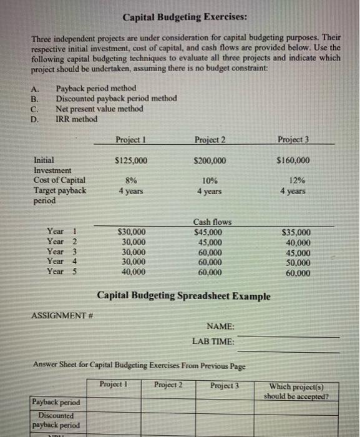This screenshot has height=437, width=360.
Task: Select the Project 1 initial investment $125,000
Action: [131, 160]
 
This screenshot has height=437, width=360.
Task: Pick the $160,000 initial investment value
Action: [293, 160]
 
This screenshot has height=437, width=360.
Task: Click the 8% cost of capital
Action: [131, 180]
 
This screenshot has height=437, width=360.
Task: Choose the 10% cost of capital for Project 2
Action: [210, 180]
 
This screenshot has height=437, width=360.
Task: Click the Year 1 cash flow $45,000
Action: [210, 232]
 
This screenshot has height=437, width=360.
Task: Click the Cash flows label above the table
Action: [212, 222]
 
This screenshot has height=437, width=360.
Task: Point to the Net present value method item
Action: [99, 109]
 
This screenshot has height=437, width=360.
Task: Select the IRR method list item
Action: [76, 119]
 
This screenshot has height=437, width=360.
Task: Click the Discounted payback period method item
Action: [116, 99]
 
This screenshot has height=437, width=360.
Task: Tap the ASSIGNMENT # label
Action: [57, 316]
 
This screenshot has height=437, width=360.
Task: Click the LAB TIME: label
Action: [213, 341]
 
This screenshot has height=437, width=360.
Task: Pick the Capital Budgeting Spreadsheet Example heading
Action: [184, 295]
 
